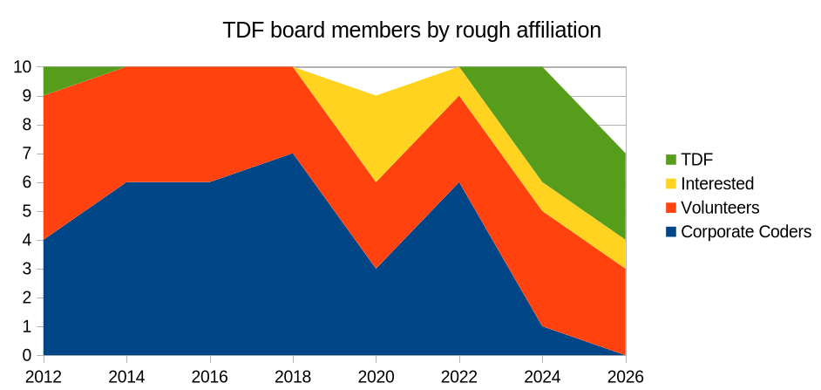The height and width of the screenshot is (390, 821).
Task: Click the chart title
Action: (x=411, y=30)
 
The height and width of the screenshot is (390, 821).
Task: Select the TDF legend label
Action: (x=696, y=159)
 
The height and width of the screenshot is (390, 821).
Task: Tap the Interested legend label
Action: (x=716, y=183)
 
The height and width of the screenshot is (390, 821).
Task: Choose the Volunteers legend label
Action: (x=720, y=208)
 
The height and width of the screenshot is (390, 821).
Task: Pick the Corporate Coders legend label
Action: (x=745, y=232)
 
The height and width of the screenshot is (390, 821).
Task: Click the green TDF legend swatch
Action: (x=670, y=159)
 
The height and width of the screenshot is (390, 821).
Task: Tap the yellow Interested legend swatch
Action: (x=670, y=183)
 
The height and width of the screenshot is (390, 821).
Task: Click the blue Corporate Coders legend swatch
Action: (x=670, y=232)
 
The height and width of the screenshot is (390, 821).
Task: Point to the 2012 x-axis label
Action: (x=44, y=377)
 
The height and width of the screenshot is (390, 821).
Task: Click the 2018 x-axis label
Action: (x=293, y=377)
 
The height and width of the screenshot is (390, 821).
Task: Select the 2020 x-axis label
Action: (x=376, y=377)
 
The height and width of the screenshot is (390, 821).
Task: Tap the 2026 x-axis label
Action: (x=624, y=377)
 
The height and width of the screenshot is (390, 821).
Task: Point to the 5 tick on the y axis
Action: (x=28, y=211)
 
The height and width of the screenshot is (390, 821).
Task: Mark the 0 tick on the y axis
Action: (x=28, y=356)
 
